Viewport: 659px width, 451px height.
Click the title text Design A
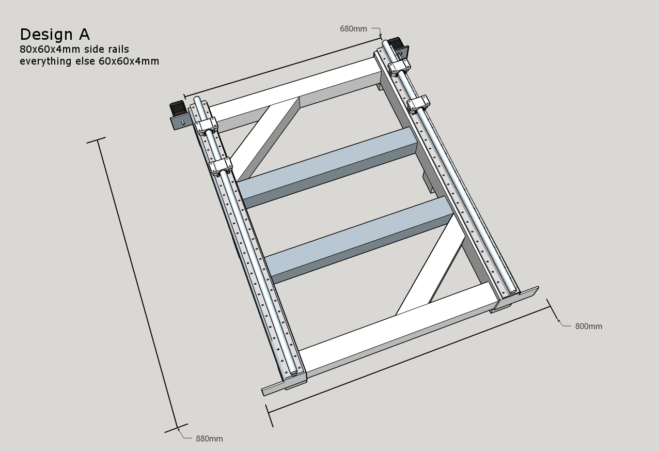tap(55, 35)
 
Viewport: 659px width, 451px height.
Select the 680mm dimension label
tap(353, 29)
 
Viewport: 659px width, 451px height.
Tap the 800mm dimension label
tap(588, 326)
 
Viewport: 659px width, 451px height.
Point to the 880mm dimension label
tap(209, 439)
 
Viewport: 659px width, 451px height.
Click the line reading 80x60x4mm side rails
tap(74, 49)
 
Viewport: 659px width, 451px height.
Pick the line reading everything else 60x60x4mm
tap(89, 61)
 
